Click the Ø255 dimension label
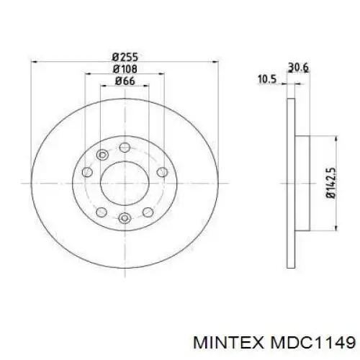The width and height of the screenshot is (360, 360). (x=125, y=57)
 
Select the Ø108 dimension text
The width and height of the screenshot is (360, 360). (x=125, y=69)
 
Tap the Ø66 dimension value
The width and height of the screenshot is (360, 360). (x=125, y=81)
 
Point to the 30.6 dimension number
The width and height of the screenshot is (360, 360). (x=298, y=68)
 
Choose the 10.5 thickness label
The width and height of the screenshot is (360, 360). (x=267, y=79)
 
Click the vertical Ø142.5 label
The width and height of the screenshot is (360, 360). (x=330, y=183)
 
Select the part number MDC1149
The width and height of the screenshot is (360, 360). (x=312, y=343)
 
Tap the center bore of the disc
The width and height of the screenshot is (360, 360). (x=125, y=184)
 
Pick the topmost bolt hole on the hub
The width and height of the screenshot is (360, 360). (x=125, y=147)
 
